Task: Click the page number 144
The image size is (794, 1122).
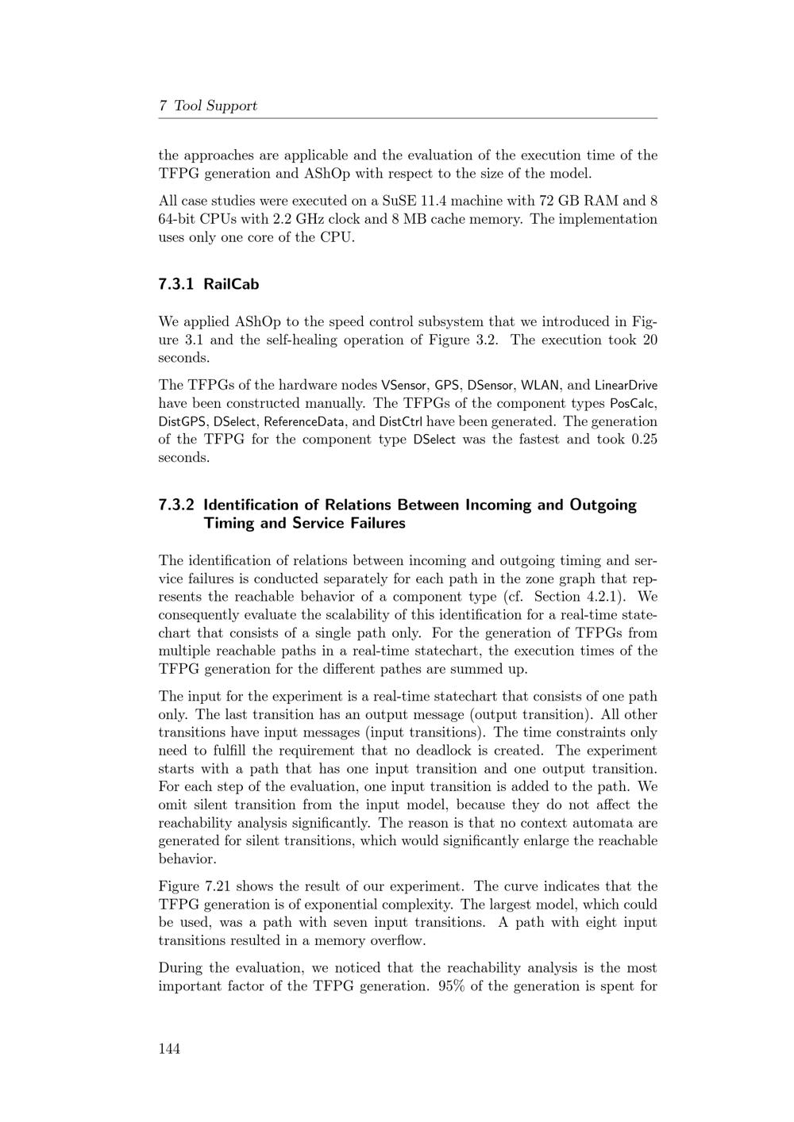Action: pos(169,1049)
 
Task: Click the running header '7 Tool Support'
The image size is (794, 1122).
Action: pos(208,106)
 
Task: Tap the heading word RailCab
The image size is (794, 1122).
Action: pos(231,284)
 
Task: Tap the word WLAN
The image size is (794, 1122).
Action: pos(540,386)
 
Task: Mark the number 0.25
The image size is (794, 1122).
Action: pos(644,440)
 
